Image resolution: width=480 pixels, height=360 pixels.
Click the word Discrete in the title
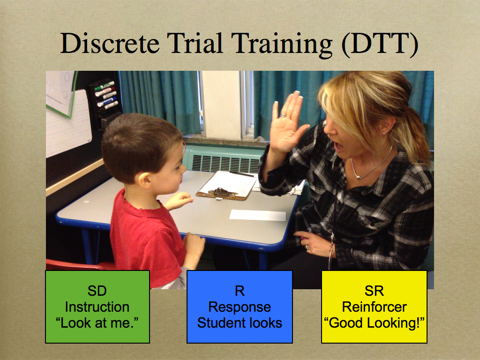pyautogui.click(x=110, y=44)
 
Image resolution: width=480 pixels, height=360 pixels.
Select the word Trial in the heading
pyautogui.click(x=195, y=44)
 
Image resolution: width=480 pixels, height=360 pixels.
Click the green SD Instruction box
pyautogui.click(x=97, y=307)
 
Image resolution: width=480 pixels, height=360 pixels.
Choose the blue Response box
pyautogui.click(x=240, y=307)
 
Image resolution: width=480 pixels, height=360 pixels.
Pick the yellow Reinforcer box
pyautogui.click(x=374, y=307)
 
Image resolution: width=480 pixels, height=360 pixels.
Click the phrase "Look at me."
pyautogui.click(x=97, y=323)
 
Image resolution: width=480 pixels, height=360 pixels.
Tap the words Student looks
pyautogui.click(x=240, y=323)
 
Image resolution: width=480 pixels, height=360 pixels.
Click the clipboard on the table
pyautogui.click(x=226, y=186)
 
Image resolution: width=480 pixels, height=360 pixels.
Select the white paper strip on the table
pyautogui.click(x=257, y=215)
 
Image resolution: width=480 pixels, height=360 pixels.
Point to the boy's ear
pyautogui.click(x=145, y=179)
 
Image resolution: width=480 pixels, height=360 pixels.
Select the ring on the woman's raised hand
pyautogui.click(x=283, y=115)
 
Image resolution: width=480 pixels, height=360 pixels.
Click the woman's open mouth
pyautogui.click(x=338, y=147)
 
